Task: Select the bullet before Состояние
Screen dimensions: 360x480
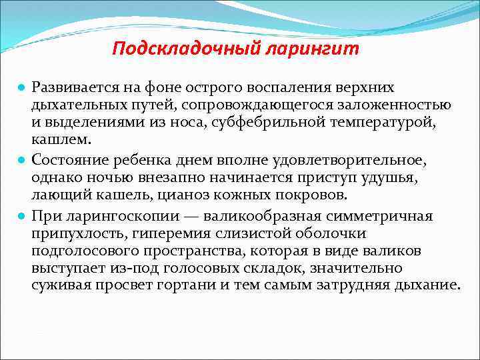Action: pyautogui.click(x=22, y=161)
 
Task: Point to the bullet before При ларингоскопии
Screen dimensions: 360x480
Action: pyautogui.click(x=22, y=216)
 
